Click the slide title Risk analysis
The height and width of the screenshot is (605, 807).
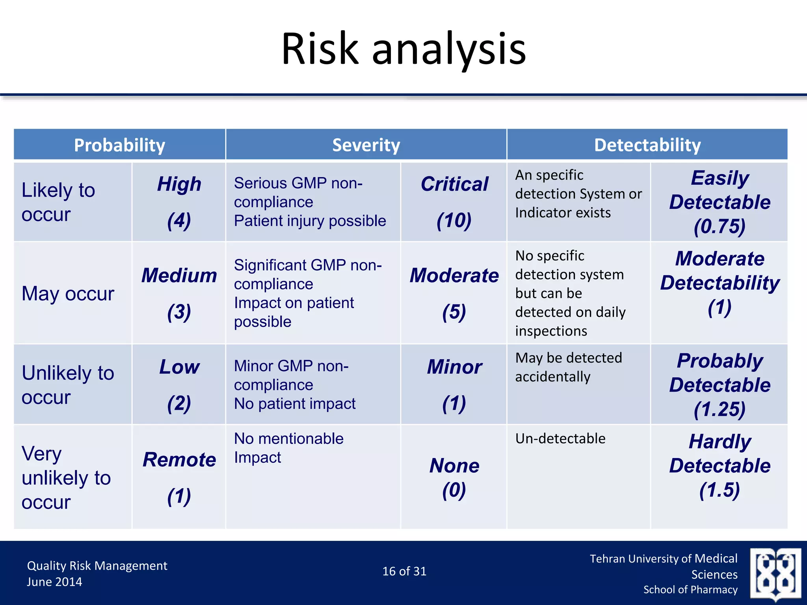pyautogui.click(x=403, y=49)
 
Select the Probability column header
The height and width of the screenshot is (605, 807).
pyautogui.click(x=119, y=145)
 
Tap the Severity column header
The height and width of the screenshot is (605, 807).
pyautogui.click(x=366, y=145)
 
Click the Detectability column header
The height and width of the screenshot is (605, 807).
pyautogui.click(x=647, y=145)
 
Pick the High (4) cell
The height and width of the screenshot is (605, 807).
pyautogui.click(x=179, y=202)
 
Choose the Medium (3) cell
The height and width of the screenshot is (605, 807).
pyautogui.click(x=179, y=293)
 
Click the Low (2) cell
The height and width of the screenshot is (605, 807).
pyautogui.click(x=179, y=384)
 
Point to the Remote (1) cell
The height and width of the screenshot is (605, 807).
pyautogui.click(x=179, y=477)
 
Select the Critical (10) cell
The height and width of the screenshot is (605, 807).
pyautogui.click(x=454, y=202)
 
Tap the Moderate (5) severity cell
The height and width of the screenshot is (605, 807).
pyautogui.click(x=454, y=293)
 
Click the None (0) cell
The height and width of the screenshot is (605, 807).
pyautogui.click(x=454, y=477)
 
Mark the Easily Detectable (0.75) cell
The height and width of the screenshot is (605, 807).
pyautogui.click(x=720, y=202)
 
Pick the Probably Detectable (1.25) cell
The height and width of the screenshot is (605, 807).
pyautogui.click(x=720, y=384)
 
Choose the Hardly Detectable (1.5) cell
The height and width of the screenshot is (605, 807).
pyautogui.click(x=720, y=466)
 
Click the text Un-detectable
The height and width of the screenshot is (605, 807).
pyautogui.click(x=560, y=438)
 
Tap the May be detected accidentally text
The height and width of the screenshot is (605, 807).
pyautogui.click(x=568, y=367)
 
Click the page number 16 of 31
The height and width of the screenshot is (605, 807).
pyautogui.click(x=404, y=571)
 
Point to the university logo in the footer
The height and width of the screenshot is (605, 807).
pyautogui.click(x=775, y=573)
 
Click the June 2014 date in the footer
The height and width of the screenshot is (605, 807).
pyautogui.click(x=54, y=582)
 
